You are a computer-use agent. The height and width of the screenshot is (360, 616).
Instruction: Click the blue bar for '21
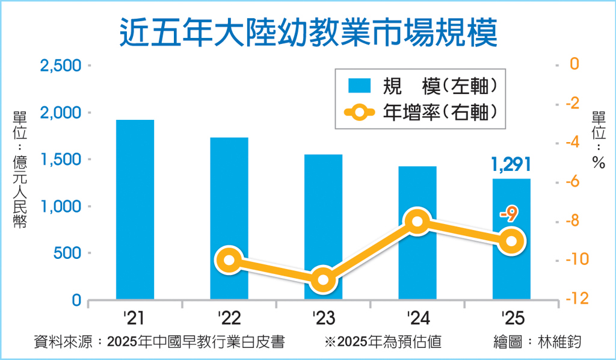(135, 209)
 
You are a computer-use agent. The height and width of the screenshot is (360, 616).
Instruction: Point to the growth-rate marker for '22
(229, 261)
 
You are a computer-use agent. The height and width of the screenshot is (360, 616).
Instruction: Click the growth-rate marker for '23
(323, 280)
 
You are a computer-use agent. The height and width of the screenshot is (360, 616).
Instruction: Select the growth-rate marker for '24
(417, 222)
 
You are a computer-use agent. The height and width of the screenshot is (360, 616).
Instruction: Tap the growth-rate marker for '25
(511, 241)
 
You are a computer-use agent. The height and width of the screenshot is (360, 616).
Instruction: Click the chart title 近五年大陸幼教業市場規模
(308, 31)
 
